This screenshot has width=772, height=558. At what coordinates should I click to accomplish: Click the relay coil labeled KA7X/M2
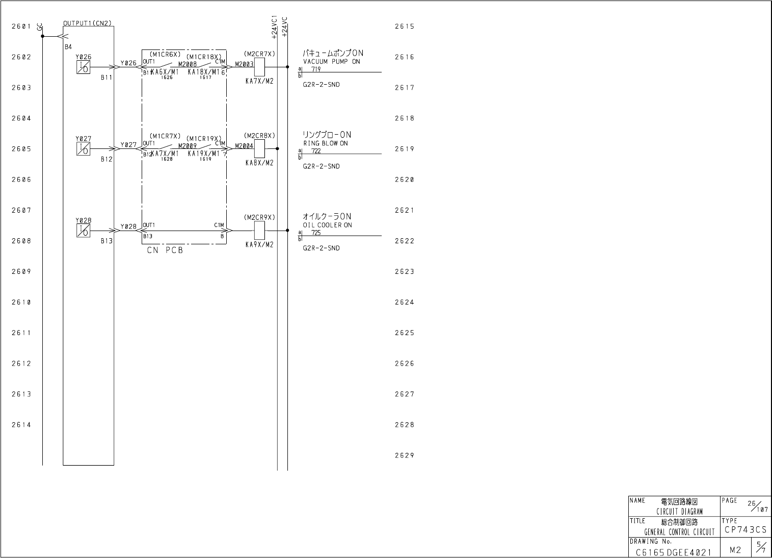tap(259, 67)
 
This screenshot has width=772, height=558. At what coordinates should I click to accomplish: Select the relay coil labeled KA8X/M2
tap(259, 148)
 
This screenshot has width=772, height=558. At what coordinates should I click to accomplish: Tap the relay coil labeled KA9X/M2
tap(259, 230)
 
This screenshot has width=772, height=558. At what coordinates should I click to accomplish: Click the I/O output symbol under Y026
tap(83, 67)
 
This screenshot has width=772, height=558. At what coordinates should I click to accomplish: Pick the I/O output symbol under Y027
tap(83, 148)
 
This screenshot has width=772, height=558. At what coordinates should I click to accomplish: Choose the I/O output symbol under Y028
tap(83, 231)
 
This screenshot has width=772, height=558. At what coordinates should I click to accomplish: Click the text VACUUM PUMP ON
tap(331, 62)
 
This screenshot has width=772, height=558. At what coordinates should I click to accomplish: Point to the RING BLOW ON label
tap(326, 143)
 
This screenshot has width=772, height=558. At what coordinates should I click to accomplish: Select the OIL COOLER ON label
tap(327, 225)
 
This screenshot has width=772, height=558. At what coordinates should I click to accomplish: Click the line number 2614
tap(21, 425)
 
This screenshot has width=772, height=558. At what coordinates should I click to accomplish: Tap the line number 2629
tap(405, 455)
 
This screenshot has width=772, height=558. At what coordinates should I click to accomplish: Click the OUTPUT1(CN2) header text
tap(87, 23)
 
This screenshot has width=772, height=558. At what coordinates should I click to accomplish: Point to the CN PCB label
tap(165, 250)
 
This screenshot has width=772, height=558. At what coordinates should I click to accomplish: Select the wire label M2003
tap(244, 64)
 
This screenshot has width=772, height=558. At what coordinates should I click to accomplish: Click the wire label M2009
tap(187, 146)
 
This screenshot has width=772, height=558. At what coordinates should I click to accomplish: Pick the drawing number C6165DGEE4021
tap(673, 552)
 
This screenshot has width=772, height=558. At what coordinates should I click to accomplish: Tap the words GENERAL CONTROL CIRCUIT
tap(679, 532)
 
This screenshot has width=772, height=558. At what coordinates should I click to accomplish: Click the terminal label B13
tap(106, 241)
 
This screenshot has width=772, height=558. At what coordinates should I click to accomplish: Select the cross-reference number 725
tap(316, 233)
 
